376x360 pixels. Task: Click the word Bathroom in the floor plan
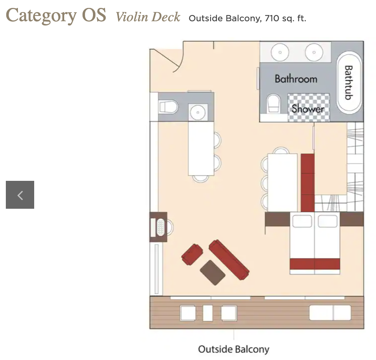click(x=296, y=79)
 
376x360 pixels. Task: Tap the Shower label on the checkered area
click(x=308, y=109)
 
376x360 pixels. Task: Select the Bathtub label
click(x=348, y=82)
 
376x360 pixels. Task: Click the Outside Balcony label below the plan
click(x=234, y=349)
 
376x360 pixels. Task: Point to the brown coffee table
click(x=213, y=272)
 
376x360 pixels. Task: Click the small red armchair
click(x=192, y=254)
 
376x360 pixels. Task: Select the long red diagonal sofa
click(x=229, y=260)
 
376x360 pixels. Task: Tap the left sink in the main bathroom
click(x=280, y=52)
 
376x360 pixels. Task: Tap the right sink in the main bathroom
click(x=314, y=52)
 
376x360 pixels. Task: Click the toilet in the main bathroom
click(x=273, y=104)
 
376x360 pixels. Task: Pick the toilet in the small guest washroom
click(x=168, y=107)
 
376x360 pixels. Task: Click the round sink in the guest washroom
click(x=198, y=112)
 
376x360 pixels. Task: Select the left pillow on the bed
click(x=302, y=221)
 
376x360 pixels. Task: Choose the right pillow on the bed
click(x=328, y=221)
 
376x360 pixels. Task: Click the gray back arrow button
click(x=20, y=195)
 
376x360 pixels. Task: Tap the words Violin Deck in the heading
click(x=148, y=17)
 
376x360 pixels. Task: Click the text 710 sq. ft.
click(x=286, y=18)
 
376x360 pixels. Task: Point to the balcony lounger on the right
click(x=330, y=313)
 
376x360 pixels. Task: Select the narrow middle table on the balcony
click(x=208, y=313)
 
